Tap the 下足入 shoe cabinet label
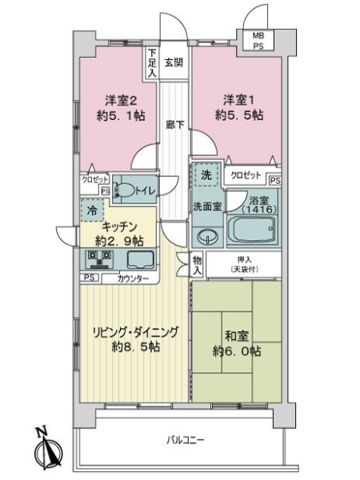152,65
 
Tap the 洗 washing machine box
206,175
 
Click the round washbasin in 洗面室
207,237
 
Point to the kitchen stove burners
99,258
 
